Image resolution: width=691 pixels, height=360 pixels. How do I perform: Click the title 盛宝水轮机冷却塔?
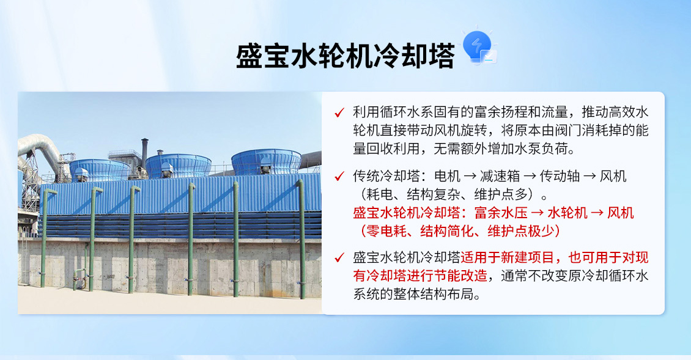[345, 57]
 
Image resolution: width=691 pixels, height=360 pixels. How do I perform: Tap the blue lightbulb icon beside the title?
[477, 48]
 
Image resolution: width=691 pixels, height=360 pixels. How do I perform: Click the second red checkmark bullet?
[339, 177]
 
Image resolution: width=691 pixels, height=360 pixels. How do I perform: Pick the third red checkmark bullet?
[339, 257]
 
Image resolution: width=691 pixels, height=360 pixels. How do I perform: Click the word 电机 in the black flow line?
[447, 177]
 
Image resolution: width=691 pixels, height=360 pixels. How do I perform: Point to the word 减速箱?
[500, 177]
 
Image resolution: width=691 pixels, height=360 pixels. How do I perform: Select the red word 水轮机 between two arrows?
[567, 213]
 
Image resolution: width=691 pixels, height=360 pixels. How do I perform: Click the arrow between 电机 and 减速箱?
[471, 177]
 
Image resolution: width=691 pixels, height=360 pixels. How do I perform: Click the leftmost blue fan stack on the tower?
[98, 169]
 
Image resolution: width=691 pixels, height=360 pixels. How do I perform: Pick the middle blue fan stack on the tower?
[178, 165]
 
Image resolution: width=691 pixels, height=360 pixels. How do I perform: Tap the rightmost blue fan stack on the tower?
[266, 161]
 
